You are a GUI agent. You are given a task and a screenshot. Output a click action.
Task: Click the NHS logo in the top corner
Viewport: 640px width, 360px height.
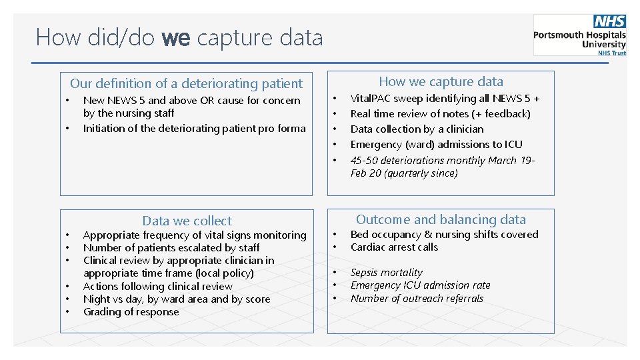coord(609,22)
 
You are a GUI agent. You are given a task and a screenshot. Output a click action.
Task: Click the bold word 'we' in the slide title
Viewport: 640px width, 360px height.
coord(176,37)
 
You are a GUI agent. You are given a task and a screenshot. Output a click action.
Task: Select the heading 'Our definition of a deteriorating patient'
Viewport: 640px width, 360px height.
coord(186,83)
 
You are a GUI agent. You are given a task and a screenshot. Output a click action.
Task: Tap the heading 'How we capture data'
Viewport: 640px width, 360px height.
coord(441,81)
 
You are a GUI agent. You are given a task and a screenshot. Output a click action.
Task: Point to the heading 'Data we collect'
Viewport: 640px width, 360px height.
coord(187,221)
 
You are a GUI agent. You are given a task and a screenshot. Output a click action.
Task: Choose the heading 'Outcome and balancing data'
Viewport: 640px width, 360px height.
coord(441,219)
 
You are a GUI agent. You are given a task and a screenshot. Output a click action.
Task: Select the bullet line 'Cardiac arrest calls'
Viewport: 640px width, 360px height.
coord(394,247)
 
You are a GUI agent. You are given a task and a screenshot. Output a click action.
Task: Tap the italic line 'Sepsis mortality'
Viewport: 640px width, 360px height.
coord(386,273)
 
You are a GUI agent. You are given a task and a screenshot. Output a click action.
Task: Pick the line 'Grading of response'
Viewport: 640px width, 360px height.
coord(131,312)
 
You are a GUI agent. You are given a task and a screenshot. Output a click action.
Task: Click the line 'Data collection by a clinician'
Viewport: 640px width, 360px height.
coord(417,129)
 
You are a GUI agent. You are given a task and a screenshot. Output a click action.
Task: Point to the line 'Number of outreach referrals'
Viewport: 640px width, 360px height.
coord(417,299)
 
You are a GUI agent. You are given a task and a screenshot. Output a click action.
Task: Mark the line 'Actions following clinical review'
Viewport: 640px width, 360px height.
coord(157,287)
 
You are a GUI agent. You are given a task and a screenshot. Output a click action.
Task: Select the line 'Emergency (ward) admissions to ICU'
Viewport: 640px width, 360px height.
coord(436,145)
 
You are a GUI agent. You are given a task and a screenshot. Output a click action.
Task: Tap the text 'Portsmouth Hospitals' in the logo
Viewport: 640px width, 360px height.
coord(579,35)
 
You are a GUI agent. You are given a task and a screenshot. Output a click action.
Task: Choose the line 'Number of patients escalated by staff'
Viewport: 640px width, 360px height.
coord(171,248)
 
